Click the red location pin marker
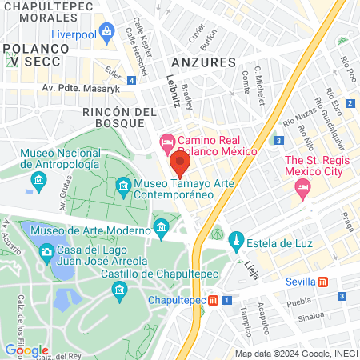pyautogui.click(x=180, y=166)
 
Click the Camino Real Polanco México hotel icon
pyautogui.click(x=166, y=140)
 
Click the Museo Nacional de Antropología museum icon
pyautogui.click(x=38, y=183)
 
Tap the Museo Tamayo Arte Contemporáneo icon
pyautogui.click(x=123, y=187)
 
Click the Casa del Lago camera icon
pyautogui.click(x=46, y=252)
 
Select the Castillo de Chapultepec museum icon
pyautogui.click(x=121, y=287)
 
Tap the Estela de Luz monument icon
pyautogui.click(x=236, y=238)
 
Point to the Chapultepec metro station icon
pyautogui.click(x=214, y=301)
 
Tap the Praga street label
pyautogui.click(x=346, y=218)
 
